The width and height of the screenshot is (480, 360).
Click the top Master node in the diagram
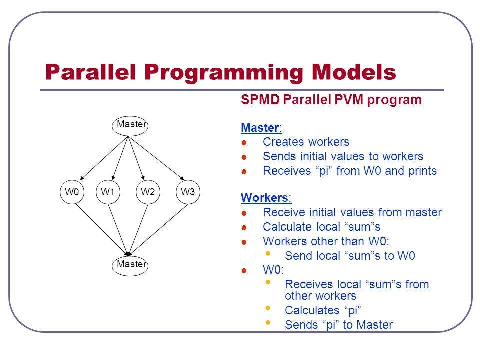130,126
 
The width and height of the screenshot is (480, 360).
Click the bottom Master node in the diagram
130,265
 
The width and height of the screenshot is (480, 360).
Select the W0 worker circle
72,192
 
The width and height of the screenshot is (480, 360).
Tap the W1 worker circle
108,192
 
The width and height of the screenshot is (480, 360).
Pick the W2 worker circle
148,192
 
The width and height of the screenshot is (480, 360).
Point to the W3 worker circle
188,192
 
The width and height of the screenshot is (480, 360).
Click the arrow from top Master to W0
104,158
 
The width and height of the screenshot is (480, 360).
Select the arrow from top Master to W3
156,158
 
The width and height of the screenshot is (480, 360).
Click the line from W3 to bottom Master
159,229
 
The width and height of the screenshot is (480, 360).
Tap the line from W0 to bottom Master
101,229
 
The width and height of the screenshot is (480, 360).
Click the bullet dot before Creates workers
244,143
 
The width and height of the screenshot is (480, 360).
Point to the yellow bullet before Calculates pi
268,308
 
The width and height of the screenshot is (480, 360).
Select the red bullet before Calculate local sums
244,228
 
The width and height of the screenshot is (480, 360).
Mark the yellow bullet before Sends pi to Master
268,322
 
